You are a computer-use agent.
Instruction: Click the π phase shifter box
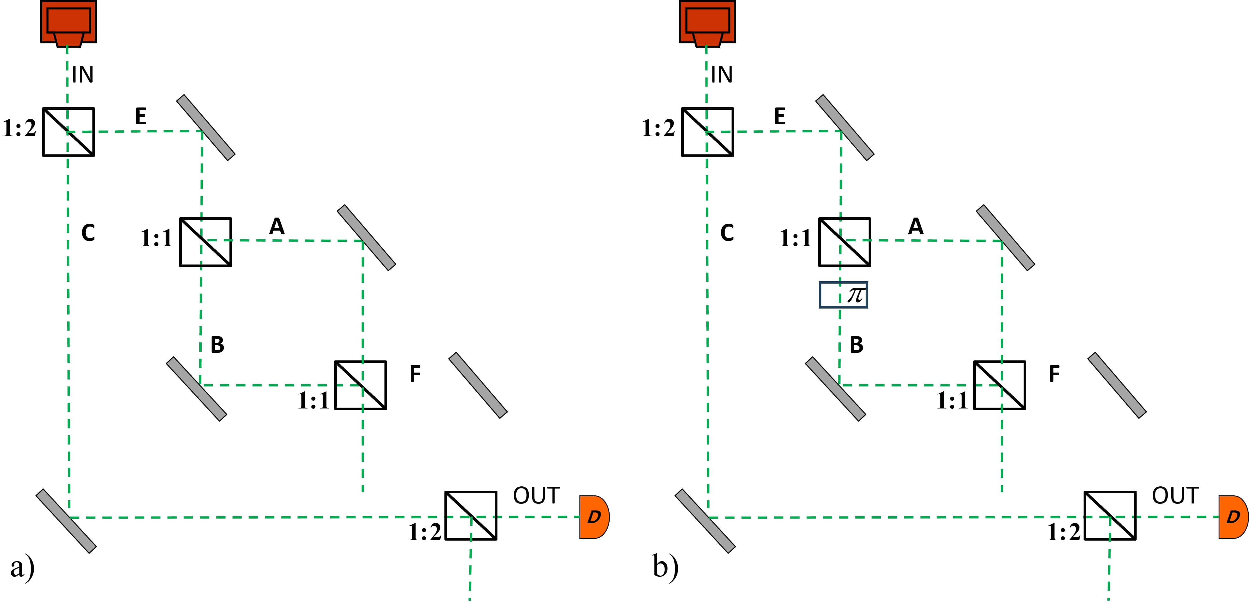pyautogui.click(x=843, y=295)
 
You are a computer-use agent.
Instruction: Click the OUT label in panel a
pyautogui.click(x=536, y=495)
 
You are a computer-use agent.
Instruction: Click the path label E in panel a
pyautogui.click(x=141, y=116)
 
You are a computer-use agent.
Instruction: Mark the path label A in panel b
pyautogui.click(x=916, y=226)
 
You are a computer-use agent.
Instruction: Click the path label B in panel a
pyautogui.click(x=217, y=345)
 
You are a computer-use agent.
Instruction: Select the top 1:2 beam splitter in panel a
pyautogui.click(x=68, y=132)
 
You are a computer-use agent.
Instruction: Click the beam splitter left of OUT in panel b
pyautogui.click(x=1110, y=516)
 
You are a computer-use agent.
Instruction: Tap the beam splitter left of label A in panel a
pyautogui.click(x=206, y=242)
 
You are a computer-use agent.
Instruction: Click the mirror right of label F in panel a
pyautogui.click(x=478, y=385)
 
